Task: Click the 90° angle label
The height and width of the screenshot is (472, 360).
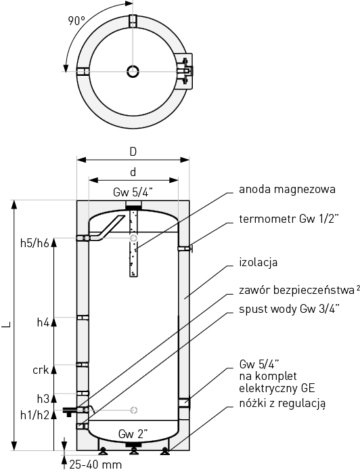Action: click(x=76, y=21)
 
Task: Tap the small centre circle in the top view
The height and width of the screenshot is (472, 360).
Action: click(x=133, y=72)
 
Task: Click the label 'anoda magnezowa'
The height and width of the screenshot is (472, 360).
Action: click(x=287, y=190)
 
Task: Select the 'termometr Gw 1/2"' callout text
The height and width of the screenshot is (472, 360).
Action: click(x=289, y=219)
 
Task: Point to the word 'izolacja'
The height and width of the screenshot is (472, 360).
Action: click(x=258, y=262)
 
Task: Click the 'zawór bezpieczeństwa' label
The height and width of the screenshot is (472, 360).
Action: click(x=297, y=291)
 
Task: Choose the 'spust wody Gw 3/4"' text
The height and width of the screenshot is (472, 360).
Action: click(x=290, y=309)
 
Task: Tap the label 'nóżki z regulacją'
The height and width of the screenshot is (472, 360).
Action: click(x=282, y=404)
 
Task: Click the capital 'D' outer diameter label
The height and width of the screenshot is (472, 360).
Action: click(x=133, y=152)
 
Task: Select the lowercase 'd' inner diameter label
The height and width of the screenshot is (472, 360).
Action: click(x=133, y=172)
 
